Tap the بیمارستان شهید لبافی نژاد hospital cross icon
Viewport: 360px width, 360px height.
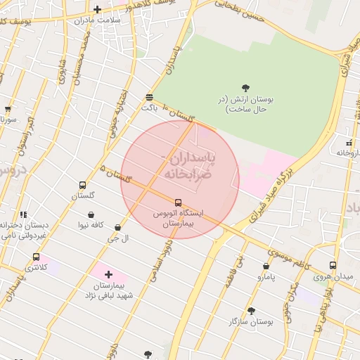(x=108, y=274)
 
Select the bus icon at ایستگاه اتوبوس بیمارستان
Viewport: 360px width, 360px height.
(x=178, y=202)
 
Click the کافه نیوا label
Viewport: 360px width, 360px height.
(x=91, y=224)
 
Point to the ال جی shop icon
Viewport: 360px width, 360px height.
(x=117, y=227)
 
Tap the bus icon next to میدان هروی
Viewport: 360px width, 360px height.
(x=333, y=266)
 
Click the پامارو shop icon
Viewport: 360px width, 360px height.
(x=266, y=266)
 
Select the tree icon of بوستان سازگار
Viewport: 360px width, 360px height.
(x=251, y=310)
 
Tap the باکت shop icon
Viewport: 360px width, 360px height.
(x=149, y=97)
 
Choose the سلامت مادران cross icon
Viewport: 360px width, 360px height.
(x=97, y=9)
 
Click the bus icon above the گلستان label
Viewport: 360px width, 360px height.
(x=83, y=186)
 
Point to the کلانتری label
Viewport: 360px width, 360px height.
(x=36, y=268)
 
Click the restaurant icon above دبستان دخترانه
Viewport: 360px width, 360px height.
(x=24, y=214)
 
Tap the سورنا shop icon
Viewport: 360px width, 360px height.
(x=8, y=110)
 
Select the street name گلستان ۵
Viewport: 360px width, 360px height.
(x=117, y=175)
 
